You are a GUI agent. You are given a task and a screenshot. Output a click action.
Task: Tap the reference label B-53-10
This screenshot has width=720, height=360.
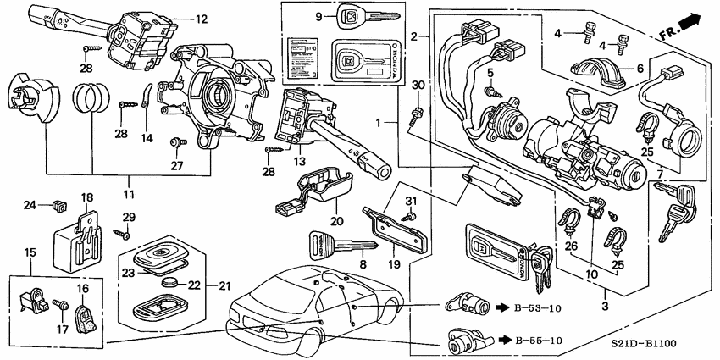click(x=538, y=308)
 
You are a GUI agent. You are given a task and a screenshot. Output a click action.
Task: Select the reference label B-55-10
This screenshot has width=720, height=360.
click(x=538, y=341)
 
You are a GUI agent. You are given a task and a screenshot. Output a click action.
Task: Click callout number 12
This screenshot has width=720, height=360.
click(x=201, y=18)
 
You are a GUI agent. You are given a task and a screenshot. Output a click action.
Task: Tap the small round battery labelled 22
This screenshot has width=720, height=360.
click(x=174, y=283)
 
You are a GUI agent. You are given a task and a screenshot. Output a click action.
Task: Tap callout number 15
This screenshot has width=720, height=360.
click(x=30, y=253)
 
